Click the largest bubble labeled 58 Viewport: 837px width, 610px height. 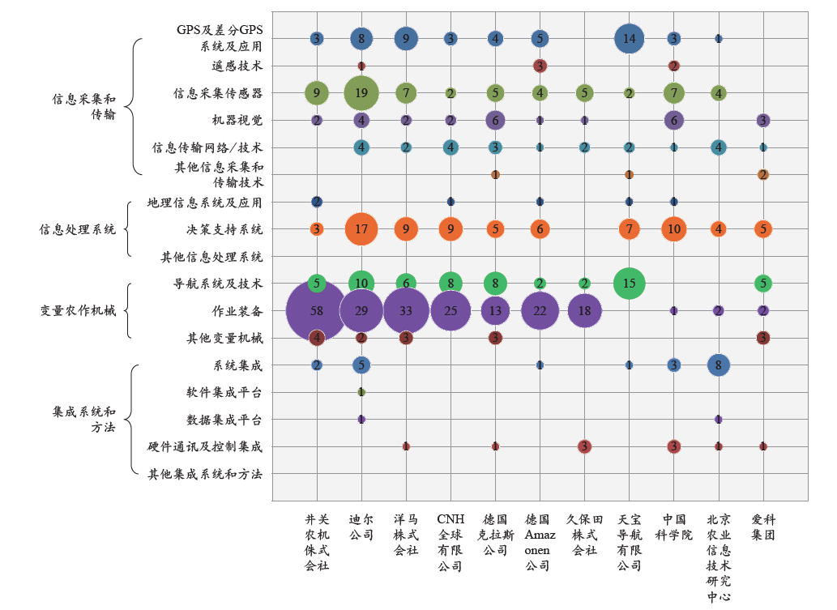coord(317,310)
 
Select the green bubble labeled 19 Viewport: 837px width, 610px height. coord(361,93)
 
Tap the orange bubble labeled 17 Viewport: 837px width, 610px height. coord(361,229)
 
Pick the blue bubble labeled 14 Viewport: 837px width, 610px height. coord(629,38)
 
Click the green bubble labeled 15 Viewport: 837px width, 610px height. coord(629,283)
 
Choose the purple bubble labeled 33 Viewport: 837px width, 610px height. coord(406,310)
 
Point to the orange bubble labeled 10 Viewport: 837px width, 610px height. coord(673,229)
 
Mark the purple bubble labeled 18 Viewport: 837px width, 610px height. coord(584,310)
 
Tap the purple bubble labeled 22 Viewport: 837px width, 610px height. coord(540,310)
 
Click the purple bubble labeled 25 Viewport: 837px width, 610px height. coord(451,310)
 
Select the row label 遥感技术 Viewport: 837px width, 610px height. coord(237,66)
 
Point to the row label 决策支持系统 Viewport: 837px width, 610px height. coord(224,229)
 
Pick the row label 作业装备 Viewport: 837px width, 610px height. coord(237,310)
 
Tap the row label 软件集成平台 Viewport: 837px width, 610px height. coord(224,392)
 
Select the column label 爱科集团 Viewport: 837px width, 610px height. coord(762,527)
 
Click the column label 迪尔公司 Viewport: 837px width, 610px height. coord(361,527)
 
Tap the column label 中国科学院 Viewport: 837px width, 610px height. coord(673,527)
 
